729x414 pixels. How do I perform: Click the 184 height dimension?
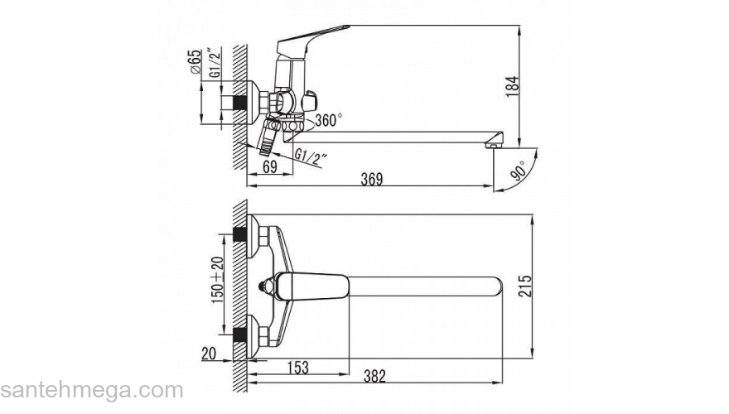(x=512, y=86)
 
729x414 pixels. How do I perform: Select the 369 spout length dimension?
(x=372, y=179)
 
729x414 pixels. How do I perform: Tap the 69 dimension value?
(x=270, y=166)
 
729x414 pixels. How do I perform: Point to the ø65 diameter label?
(x=196, y=61)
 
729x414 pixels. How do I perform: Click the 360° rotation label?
(x=329, y=120)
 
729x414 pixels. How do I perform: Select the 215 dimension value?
(x=524, y=286)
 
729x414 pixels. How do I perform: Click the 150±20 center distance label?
(x=218, y=280)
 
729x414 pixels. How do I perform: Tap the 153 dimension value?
(x=298, y=367)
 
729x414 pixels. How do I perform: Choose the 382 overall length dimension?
(x=374, y=375)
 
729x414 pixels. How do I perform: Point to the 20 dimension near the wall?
(x=209, y=354)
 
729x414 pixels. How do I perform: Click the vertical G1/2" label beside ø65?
(x=215, y=62)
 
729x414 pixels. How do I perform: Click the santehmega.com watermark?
(x=92, y=390)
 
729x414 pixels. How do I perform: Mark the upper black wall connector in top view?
(x=239, y=234)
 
